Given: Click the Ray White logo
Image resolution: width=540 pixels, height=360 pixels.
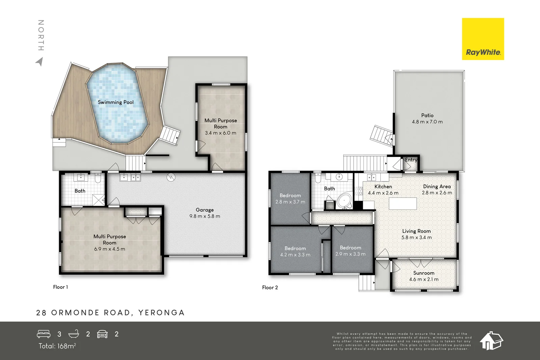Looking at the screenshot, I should [x=483, y=39].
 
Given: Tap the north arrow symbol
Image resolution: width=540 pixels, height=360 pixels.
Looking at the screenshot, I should [x=39, y=62].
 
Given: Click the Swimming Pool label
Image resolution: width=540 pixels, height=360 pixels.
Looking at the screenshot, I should [x=115, y=102].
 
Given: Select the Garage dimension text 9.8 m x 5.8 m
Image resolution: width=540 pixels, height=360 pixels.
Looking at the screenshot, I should [x=205, y=216].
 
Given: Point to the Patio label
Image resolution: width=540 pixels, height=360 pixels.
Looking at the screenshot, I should [x=427, y=115].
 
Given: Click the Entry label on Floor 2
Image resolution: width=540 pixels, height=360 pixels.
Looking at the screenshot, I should [x=411, y=160].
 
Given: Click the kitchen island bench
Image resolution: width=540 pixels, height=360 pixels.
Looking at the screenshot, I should [x=403, y=204].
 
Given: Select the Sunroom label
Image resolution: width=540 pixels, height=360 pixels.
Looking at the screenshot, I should [x=424, y=273].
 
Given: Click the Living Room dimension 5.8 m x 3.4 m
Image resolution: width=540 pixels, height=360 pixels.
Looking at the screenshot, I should [x=416, y=238].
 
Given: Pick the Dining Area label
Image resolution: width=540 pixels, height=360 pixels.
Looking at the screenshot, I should [x=437, y=187].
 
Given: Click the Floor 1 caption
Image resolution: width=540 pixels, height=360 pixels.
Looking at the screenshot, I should [x=60, y=287].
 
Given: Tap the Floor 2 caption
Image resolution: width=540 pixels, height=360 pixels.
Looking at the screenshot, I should [x=270, y=287].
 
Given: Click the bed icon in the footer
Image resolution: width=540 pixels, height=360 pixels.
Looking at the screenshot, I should [x=44, y=334].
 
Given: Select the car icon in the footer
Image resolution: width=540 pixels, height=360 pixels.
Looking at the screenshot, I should [x=102, y=334].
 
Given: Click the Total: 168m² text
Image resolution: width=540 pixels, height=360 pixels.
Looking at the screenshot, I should [x=57, y=346].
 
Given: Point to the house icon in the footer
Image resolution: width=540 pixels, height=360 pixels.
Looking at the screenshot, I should [x=491, y=341].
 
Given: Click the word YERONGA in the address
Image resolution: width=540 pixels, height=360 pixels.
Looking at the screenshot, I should [x=161, y=313].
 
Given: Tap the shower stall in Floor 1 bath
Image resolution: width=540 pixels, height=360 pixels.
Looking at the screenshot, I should [x=99, y=200].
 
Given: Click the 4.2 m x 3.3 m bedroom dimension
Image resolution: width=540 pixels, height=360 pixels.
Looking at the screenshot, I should [x=295, y=255].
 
